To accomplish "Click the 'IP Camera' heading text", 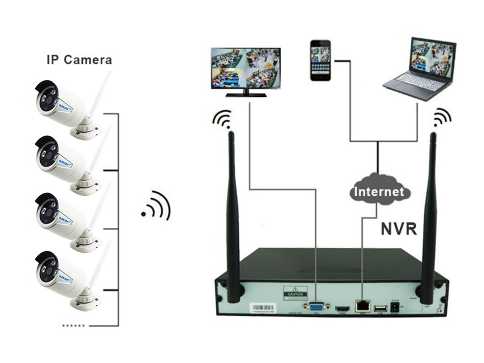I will pos(79,60).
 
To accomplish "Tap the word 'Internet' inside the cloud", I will pos(378,191).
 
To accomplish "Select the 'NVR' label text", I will pos(398,228).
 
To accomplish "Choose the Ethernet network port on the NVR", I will pos(362,305).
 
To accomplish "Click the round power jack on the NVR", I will pos(395,307).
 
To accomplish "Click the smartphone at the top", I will pos(320,60).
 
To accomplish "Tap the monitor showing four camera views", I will pos(245,69).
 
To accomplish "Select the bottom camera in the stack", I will pos(68,278).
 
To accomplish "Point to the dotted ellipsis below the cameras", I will pos(74,325).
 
